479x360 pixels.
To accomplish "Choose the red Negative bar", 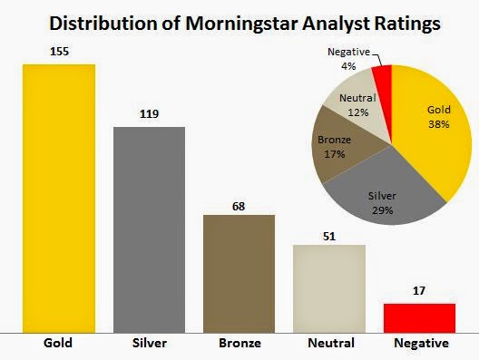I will tap(419, 318).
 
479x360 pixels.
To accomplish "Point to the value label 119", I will tap(149, 116).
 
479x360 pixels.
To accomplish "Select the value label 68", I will tap(239, 205).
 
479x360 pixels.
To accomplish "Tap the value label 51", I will tap(328, 235).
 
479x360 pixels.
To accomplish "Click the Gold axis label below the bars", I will tap(59, 345).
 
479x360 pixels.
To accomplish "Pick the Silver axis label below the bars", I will tap(149, 345).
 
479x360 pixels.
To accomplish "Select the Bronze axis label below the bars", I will tap(239, 345).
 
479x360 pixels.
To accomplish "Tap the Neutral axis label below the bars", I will tap(328, 345).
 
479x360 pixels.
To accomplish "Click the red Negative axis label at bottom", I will tap(419, 345).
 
